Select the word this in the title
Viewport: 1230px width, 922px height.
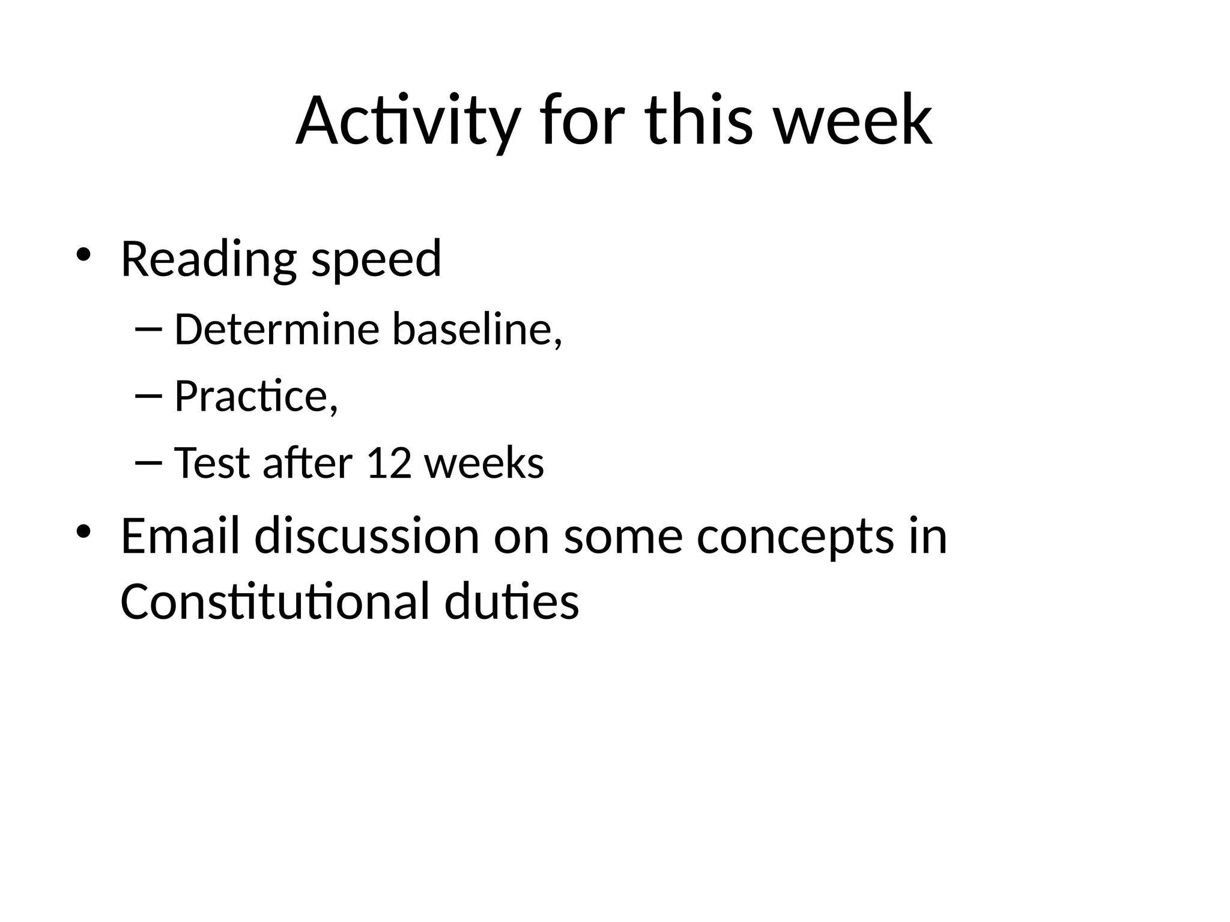point(699,121)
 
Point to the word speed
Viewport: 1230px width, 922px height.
point(377,259)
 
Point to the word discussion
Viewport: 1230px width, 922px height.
point(367,535)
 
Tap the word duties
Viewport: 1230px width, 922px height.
point(512,601)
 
